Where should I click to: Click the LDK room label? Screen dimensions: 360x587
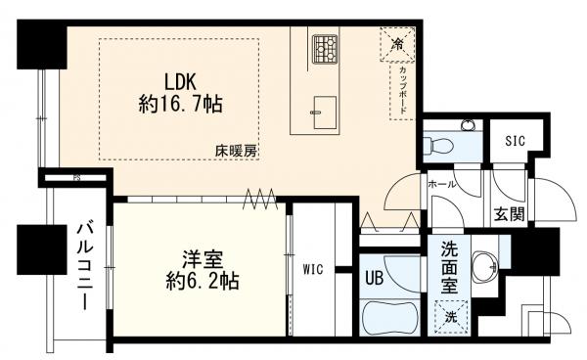point(181,81)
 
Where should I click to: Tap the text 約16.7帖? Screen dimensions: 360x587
point(181,106)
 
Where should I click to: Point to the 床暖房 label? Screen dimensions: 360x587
point(236,151)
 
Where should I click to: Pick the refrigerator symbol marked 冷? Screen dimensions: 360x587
point(398,44)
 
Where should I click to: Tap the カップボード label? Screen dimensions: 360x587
point(402,92)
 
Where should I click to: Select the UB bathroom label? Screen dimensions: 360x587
point(375,277)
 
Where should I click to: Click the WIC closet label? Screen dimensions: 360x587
point(313,266)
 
